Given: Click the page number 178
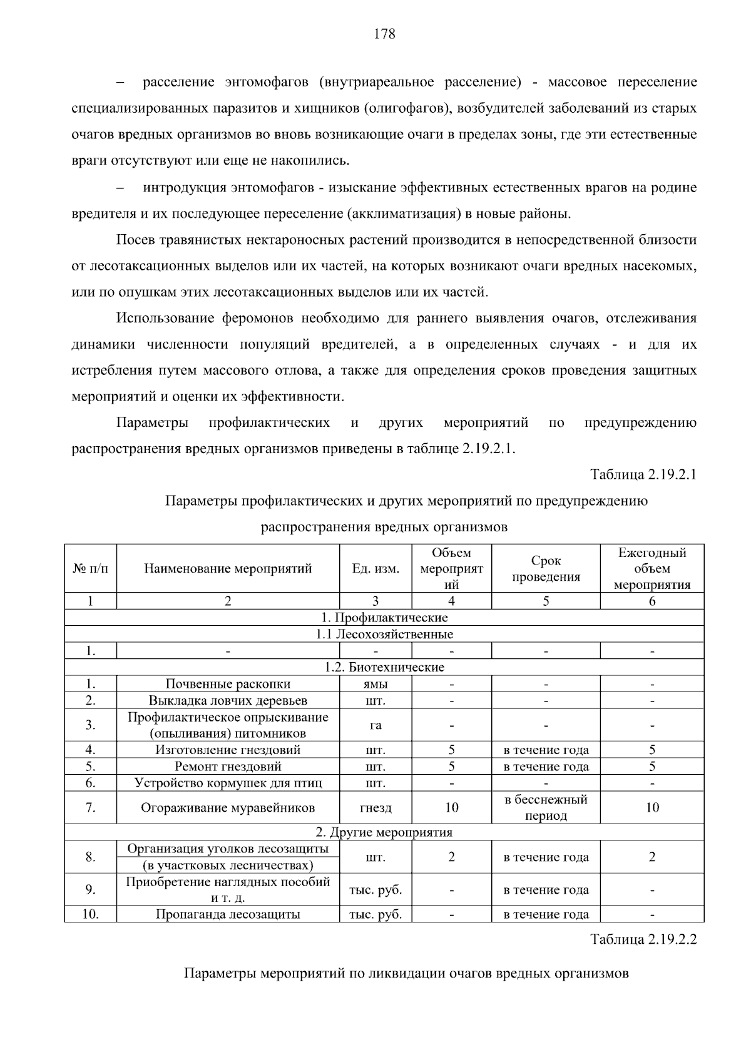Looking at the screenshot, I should click(x=384, y=34).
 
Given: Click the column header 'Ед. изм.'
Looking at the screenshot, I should click(x=375, y=569).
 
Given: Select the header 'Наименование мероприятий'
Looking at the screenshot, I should click(x=228, y=569).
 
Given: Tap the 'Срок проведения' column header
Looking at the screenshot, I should click(x=546, y=569).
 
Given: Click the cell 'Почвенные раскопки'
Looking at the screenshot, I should click(x=228, y=684).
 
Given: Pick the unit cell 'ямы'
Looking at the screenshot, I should click(x=375, y=684).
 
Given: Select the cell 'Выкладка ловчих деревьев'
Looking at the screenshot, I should click(x=228, y=700).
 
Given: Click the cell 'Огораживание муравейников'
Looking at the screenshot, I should click(x=228, y=808).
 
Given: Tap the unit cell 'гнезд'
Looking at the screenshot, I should click(x=375, y=808).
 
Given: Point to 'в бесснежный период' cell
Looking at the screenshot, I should click(x=546, y=808).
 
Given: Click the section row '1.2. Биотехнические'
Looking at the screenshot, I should click(x=384, y=667).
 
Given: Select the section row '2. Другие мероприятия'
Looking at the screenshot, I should click(x=384, y=832).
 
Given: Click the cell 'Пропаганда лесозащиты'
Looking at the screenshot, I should click(x=228, y=914).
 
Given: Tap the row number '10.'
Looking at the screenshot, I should click(x=90, y=914).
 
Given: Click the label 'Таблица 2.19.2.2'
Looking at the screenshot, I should click(x=643, y=940).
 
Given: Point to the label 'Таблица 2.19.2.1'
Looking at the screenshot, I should click(x=643, y=474).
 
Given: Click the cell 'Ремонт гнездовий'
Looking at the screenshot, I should click(x=228, y=767).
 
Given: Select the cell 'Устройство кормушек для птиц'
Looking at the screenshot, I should click(x=228, y=783).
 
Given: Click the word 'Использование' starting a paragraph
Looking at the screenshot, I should click(x=164, y=319).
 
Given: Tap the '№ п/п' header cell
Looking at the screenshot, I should click(x=90, y=569).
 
